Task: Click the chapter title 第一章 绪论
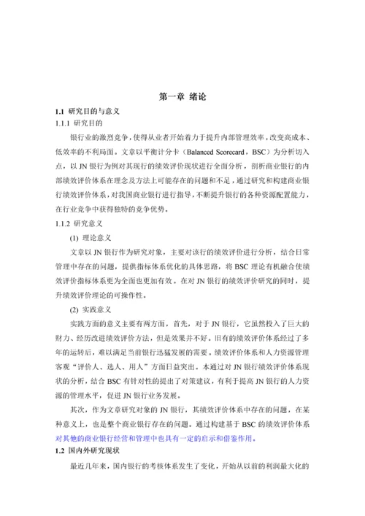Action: coord(182,96)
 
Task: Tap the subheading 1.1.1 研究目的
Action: coord(81,124)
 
